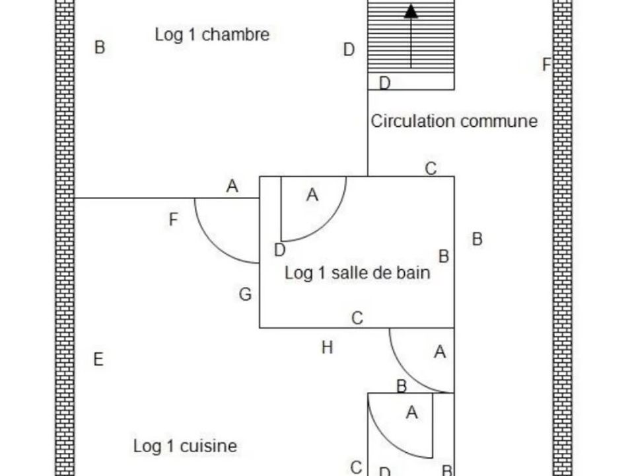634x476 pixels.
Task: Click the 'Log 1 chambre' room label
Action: coord(212,35)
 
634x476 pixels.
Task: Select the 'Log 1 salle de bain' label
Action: coord(357,273)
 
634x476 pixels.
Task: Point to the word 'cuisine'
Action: coord(208,446)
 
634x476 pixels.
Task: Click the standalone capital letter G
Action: coord(246,294)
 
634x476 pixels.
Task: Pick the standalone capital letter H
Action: coord(327,347)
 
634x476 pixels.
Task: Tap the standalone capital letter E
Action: coord(98,360)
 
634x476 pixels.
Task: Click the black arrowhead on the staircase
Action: coord(411,11)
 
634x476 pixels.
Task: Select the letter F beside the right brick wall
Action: coord(547,64)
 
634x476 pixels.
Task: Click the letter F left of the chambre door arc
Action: coord(173,219)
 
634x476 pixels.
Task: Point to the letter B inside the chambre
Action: coord(100,47)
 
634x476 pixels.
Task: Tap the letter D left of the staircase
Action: coord(349,50)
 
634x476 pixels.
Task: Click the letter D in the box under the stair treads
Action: coord(385,83)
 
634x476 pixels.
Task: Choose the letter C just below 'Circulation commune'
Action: coord(431,169)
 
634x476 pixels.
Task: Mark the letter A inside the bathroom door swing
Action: coord(312,195)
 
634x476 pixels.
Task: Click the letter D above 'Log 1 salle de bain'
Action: coord(280,250)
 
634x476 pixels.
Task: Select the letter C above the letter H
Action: coord(357,318)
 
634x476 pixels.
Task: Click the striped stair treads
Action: coord(411,36)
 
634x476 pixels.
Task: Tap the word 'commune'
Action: coord(499,121)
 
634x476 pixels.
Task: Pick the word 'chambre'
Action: coord(235,35)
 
